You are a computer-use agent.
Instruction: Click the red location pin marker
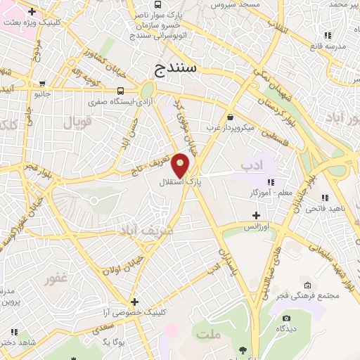click(x=181, y=165)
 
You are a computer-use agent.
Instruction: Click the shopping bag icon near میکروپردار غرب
click(x=231, y=117)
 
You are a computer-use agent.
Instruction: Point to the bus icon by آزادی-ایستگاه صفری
click(x=121, y=91)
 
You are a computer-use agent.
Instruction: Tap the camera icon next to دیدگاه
click(x=286, y=318)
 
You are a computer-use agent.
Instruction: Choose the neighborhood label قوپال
click(x=78, y=122)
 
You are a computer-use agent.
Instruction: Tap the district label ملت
click(x=209, y=335)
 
